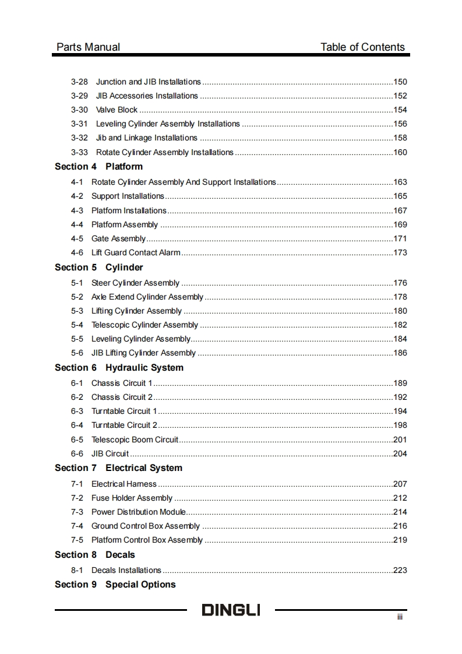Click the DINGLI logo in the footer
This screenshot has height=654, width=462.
pos(231,610)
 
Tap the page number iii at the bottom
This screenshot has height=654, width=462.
pos(400,617)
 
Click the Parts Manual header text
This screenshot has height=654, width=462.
pos(89,47)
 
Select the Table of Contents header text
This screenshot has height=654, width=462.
pos(362,47)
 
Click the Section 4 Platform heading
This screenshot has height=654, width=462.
pos(98,167)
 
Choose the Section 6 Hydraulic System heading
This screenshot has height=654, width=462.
pos(119,368)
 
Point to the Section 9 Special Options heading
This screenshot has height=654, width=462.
pos(115,585)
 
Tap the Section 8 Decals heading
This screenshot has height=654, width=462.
pos(94,555)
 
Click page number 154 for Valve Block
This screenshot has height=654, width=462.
pos(400,110)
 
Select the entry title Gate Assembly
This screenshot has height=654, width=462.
pos(118,239)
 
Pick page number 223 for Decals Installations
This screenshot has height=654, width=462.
pos(400,571)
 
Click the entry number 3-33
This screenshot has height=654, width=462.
pos(79,153)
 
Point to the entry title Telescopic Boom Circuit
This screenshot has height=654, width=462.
pos(135,440)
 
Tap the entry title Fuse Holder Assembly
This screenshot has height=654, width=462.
pos(132,498)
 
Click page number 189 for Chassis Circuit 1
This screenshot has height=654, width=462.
pos(400,384)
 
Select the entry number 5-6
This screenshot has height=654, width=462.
pos(77,353)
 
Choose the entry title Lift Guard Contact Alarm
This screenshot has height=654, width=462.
pos(136,253)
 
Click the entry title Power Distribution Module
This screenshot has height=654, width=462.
pos(139,512)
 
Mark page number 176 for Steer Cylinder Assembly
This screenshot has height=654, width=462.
pos(400,283)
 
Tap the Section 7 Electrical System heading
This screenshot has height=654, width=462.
pos(118,468)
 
